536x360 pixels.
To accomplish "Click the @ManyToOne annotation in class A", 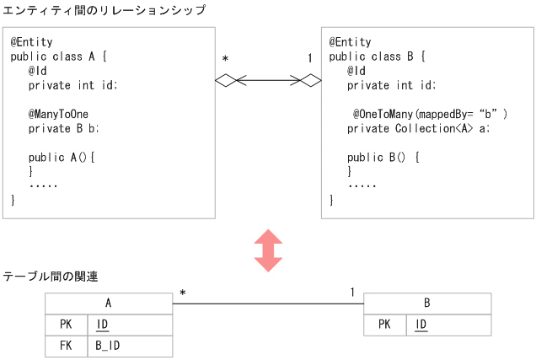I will click(59, 114).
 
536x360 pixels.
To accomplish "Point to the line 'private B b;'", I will click(64, 129).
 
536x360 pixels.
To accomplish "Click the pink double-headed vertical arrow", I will click(268, 250).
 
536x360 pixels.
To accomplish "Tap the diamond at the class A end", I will click(226, 81).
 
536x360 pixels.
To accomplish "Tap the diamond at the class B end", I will click(311, 81).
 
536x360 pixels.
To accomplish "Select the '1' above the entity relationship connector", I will click(310, 59).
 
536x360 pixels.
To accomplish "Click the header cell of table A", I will click(108, 304).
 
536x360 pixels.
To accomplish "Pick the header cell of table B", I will click(427, 304).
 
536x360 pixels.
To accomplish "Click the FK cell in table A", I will click(66, 346).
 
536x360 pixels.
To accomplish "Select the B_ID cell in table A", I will click(130, 346).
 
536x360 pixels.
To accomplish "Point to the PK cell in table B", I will click(384, 325).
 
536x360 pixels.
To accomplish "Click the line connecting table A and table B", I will click(268, 304).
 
